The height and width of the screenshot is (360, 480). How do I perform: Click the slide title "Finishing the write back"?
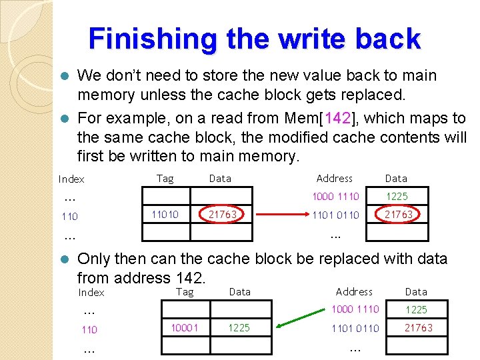[x=255, y=39]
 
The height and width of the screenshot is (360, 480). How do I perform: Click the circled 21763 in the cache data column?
[x=223, y=215]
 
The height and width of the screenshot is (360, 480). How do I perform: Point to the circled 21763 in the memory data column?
[x=398, y=215]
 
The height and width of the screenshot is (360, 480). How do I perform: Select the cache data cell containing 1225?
[x=239, y=328]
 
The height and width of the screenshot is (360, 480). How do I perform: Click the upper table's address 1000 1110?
[x=336, y=197]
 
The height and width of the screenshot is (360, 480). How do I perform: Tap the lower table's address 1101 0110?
[x=355, y=328]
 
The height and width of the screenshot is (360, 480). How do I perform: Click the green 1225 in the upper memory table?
[x=396, y=197]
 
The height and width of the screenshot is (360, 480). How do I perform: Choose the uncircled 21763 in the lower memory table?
[x=417, y=327]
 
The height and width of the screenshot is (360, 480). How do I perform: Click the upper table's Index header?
[x=71, y=179]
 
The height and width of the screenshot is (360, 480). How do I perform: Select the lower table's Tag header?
[x=185, y=292]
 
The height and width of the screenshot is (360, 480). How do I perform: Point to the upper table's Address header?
[x=335, y=178]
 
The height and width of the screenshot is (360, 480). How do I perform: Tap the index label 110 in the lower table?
[x=89, y=329]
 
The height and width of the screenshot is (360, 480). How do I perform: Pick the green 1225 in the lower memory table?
[x=417, y=310]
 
